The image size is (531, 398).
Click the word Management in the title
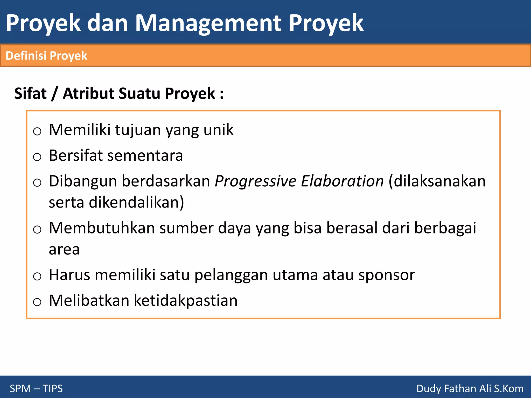click(x=208, y=23)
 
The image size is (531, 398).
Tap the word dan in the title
click(x=108, y=23)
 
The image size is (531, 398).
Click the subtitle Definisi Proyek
click(x=46, y=56)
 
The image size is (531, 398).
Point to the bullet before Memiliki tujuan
click(x=37, y=131)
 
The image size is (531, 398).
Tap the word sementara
click(x=145, y=155)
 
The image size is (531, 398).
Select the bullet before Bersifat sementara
click(x=37, y=157)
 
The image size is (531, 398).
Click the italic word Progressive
click(x=255, y=181)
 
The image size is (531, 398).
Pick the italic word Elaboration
click(x=342, y=181)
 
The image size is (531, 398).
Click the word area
click(x=64, y=250)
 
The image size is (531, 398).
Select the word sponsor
click(x=386, y=275)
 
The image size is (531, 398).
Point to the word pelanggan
click(x=231, y=275)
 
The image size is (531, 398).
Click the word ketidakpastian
click(x=186, y=301)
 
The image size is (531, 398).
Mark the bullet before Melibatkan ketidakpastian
click(x=37, y=302)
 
